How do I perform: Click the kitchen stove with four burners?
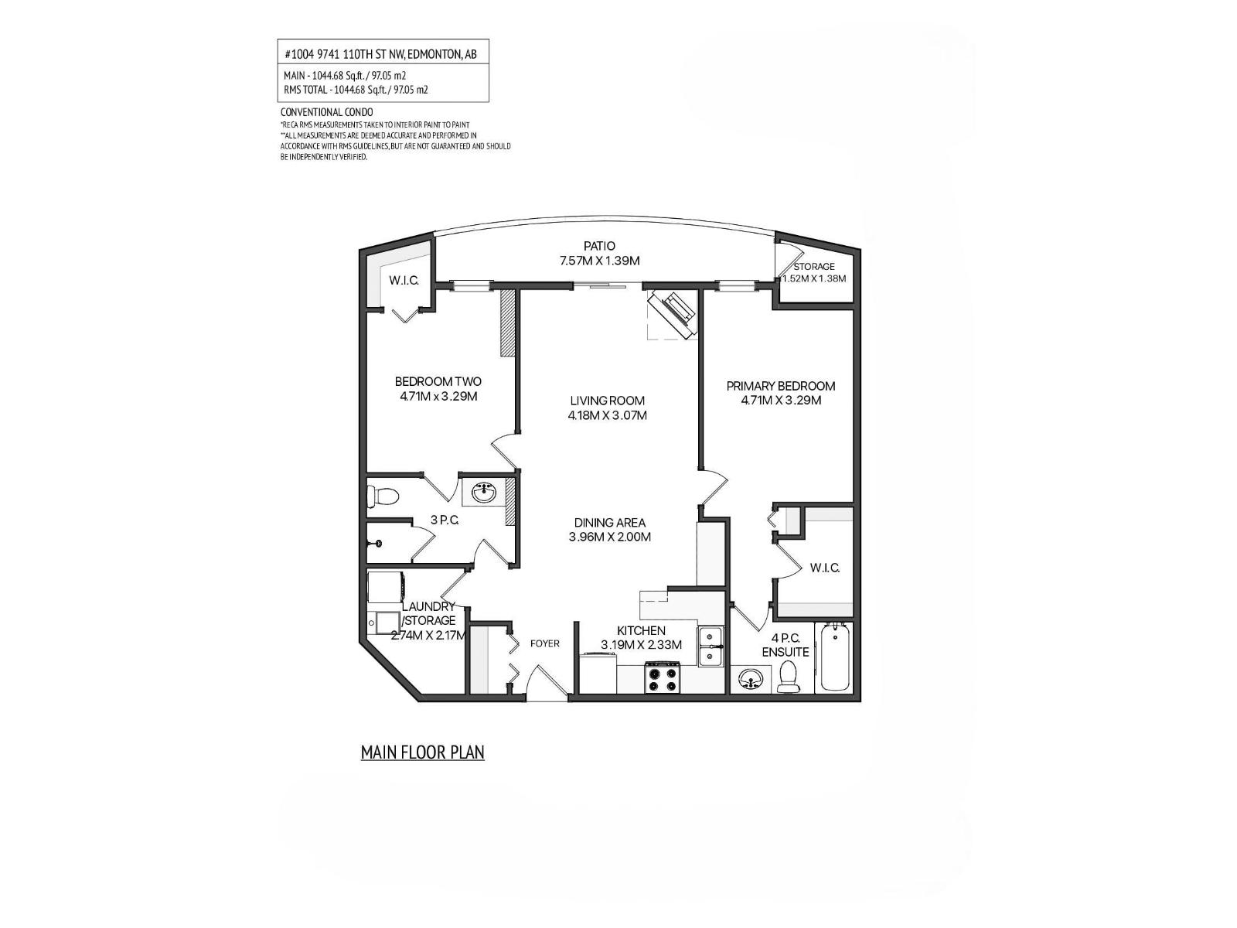(x=663, y=677)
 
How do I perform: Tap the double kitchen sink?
(x=711, y=647)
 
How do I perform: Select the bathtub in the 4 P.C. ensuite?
(x=835, y=659)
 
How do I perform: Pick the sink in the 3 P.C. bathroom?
(x=486, y=492)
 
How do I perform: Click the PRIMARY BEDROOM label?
(x=781, y=386)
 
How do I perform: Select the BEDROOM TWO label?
(x=438, y=381)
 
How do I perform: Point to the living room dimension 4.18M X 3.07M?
(x=607, y=415)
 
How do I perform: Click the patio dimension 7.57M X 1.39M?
(x=599, y=261)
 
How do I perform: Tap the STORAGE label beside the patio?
(x=814, y=266)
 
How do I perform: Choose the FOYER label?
(x=544, y=643)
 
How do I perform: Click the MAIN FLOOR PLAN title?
(x=422, y=752)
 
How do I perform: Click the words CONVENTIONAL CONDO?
(x=326, y=112)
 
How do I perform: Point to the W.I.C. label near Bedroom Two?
(x=404, y=280)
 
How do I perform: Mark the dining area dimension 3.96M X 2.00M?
(x=609, y=537)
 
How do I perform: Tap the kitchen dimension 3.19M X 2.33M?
(x=641, y=645)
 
